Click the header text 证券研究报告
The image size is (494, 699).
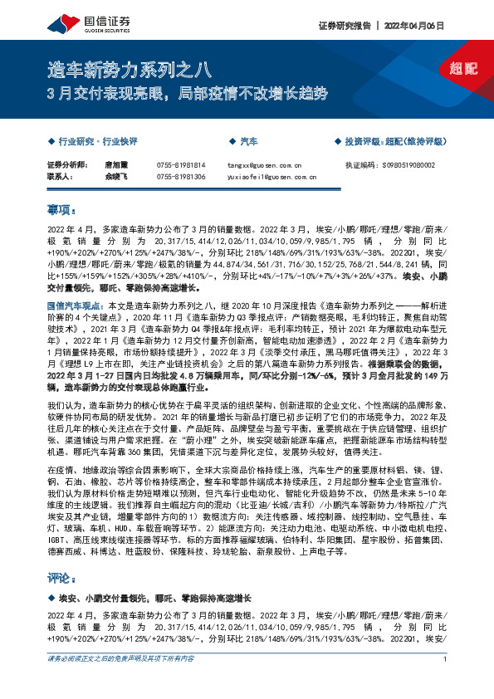[x=342, y=26]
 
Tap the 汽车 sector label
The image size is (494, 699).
[x=248, y=142]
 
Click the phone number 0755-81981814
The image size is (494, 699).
[x=180, y=165]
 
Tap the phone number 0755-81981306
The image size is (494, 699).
[x=180, y=177]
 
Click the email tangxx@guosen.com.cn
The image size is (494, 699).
[x=261, y=165]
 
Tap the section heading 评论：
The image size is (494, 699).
[x=63, y=577]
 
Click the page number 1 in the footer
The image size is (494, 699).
[x=446, y=682]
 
